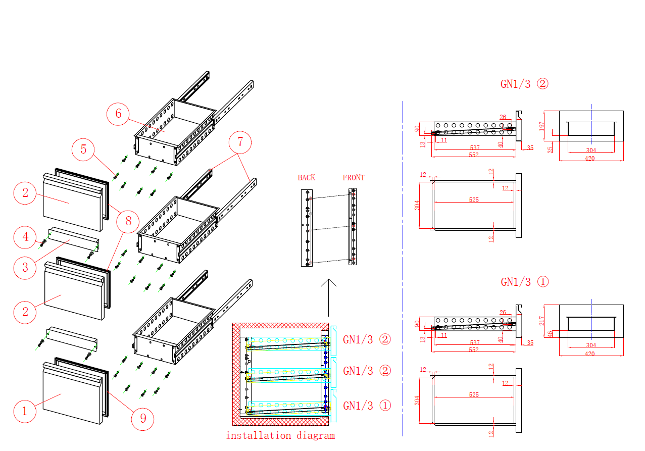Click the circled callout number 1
point(24,411)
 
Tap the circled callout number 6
point(118,114)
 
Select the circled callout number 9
point(143,419)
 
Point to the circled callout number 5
point(83,149)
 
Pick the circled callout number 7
point(240,142)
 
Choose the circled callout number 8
point(128,221)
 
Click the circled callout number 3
point(25,267)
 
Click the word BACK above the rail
point(306,178)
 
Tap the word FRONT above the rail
point(353,178)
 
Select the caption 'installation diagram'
point(280,435)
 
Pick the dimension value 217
point(542,320)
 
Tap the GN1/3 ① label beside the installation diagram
point(367,405)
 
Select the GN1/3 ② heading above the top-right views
point(524,84)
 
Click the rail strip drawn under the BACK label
point(307,228)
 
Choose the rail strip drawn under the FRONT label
point(353,227)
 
